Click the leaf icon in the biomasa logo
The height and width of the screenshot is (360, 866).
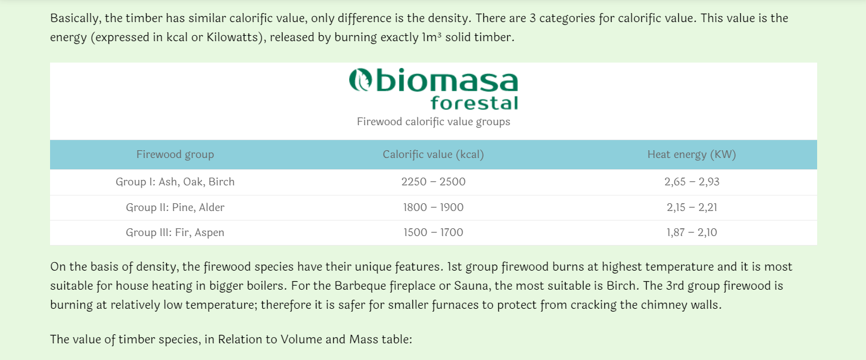361,80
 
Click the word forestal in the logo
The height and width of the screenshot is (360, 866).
474,103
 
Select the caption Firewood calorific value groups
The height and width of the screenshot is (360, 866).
433,122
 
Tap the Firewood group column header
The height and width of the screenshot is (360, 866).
175,155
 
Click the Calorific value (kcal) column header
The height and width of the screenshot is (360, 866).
433,155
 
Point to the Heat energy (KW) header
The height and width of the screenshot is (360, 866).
691,155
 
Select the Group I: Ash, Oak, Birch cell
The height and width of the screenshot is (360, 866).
175,182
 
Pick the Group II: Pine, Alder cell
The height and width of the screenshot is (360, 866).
175,207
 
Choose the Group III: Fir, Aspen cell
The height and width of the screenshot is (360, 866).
175,232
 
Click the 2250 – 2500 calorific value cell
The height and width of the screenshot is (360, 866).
433,182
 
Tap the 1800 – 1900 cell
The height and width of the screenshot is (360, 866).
433,207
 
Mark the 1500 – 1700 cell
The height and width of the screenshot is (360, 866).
433,232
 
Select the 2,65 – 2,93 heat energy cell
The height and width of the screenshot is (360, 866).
691,182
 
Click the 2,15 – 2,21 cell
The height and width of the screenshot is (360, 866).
691,207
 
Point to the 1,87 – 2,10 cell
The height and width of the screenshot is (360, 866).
691,232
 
